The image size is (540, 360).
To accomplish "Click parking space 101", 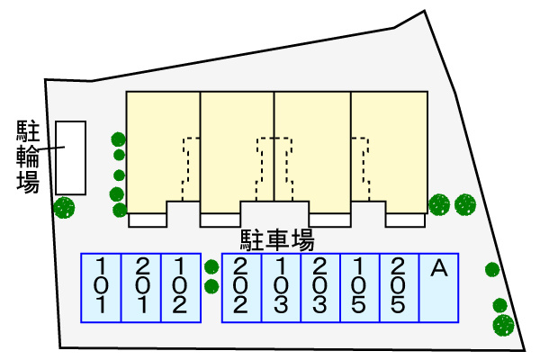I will (101, 288).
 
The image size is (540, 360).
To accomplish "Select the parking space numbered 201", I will (140, 288).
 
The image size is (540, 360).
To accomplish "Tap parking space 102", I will (179, 288).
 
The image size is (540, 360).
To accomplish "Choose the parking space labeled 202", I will (240, 288).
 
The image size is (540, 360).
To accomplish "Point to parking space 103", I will (280, 288).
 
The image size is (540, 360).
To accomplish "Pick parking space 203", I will (319, 288).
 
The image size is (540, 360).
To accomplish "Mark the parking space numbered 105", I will (359, 288).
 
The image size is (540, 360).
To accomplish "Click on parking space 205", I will (399, 288).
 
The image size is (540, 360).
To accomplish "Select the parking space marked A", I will (439, 288).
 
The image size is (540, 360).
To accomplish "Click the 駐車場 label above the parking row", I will (276, 240).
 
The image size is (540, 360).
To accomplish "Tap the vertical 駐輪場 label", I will (28, 157).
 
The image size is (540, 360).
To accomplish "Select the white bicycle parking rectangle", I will (70, 157).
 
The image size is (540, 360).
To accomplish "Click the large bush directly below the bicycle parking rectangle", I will (64, 209).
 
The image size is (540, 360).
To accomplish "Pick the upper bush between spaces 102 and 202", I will (211, 266).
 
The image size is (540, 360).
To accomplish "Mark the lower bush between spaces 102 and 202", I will (211, 287).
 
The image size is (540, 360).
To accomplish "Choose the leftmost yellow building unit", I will (162, 148).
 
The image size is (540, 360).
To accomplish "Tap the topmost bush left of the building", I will (118, 139).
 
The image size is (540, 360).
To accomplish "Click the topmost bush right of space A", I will (491, 269).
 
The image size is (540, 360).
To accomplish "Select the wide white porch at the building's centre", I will (274, 213).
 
